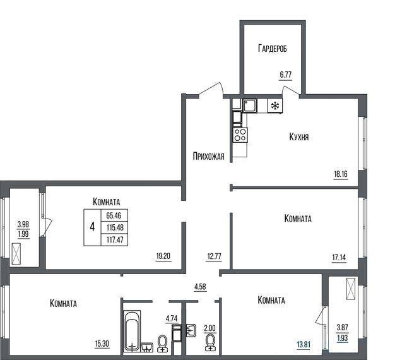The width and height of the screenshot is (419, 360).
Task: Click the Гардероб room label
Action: [273, 49]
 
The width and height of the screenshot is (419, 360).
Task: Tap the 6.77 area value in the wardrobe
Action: [286, 75]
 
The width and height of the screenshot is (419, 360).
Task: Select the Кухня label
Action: [299, 136]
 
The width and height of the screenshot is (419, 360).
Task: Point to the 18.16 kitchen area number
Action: [341, 174]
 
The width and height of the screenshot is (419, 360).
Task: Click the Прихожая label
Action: [208, 156]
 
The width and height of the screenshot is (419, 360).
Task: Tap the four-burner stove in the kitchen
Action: [240, 135]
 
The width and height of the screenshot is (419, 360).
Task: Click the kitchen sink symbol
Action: [250, 105]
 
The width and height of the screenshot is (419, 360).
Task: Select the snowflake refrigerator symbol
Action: [275, 106]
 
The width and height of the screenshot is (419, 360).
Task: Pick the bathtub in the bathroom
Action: [132, 330]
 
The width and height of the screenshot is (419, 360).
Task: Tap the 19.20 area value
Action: [163, 256]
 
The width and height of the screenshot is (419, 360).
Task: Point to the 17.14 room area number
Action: [339, 258]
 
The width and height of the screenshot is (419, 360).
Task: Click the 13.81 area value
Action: [304, 344]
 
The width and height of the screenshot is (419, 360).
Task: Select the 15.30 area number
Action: [102, 344]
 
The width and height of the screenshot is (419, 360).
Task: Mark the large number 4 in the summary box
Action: [93, 227]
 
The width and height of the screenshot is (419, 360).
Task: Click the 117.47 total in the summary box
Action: [115, 239]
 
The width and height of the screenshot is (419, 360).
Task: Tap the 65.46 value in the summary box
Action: [114, 215]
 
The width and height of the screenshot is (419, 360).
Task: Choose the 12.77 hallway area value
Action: [215, 256]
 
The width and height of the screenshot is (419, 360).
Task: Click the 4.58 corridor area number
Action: [200, 287]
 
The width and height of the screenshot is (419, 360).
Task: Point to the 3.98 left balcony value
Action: [23, 224]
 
